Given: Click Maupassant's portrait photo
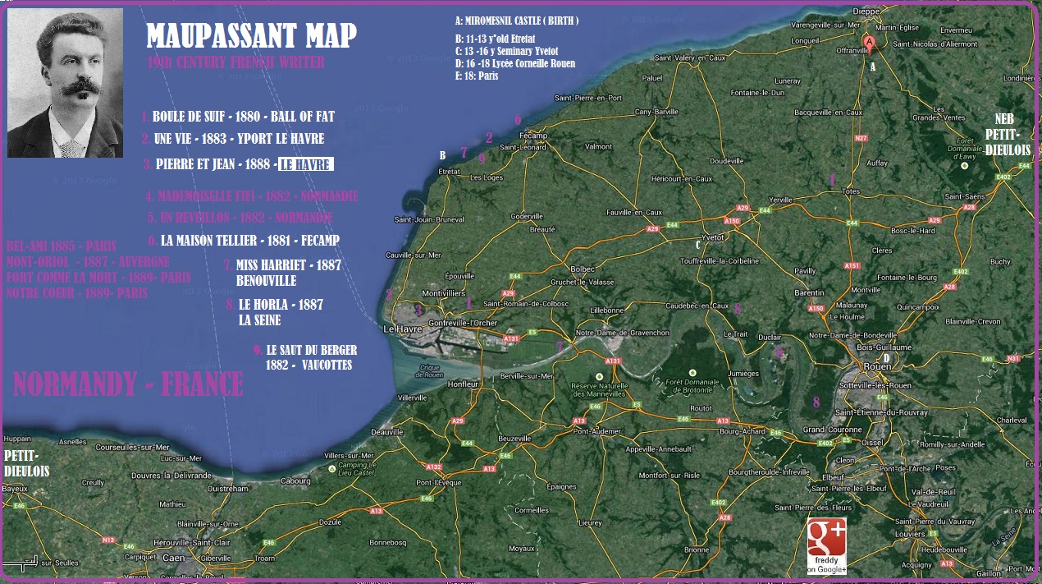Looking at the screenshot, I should click(65, 83).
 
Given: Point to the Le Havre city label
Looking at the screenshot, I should click(402, 329).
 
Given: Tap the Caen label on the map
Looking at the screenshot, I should click(173, 558).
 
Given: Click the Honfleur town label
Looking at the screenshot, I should click(464, 384).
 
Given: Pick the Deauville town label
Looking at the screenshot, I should click(387, 431).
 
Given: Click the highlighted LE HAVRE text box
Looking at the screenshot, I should click(305, 164).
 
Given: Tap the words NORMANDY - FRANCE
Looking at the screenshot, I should click(129, 384).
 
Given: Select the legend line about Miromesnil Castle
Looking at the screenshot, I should click(517, 21).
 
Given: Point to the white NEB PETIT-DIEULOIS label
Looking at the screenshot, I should click(1005, 134).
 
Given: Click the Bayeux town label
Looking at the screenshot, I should click(15, 489).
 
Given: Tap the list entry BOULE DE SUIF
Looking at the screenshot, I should click(243, 117).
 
